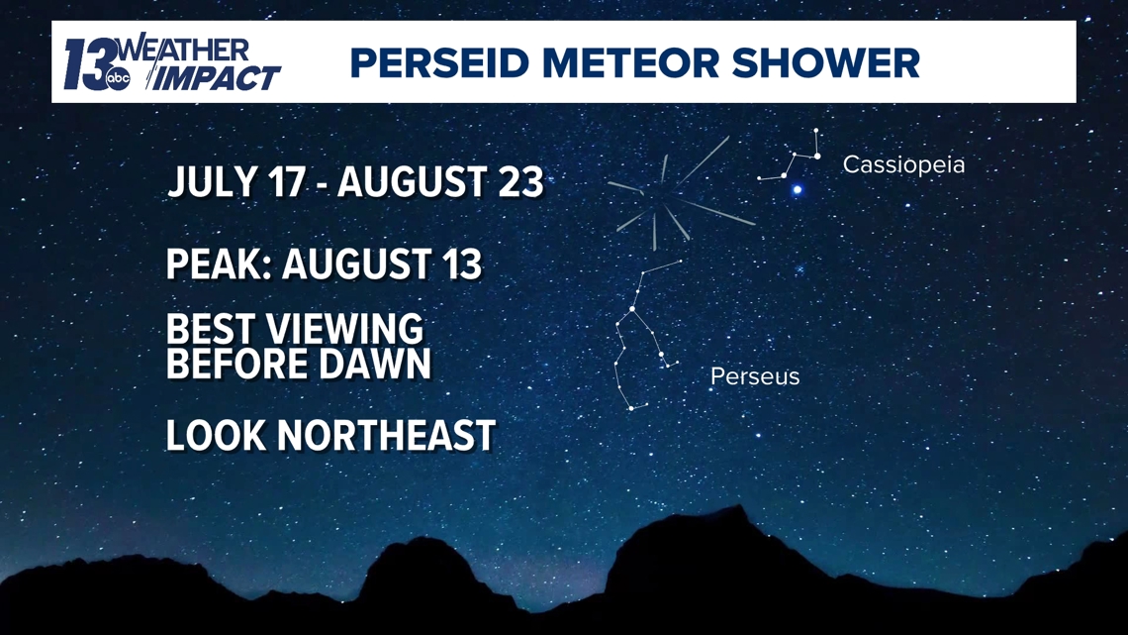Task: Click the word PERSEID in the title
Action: (x=439, y=62)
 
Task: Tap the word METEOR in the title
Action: (x=631, y=62)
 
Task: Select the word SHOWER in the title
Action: (x=826, y=62)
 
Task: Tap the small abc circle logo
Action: (x=118, y=78)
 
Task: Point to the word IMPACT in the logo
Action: (x=215, y=77)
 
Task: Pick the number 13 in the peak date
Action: (x=460, y=264)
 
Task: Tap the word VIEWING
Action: (x=344, y=328)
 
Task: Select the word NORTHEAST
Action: (x=386, y=435)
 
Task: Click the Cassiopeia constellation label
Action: (x=903, y=164)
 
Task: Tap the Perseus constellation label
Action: (x=755, y=375)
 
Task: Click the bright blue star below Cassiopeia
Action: (x=798, y=190)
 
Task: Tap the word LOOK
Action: (x=217, y=435)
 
